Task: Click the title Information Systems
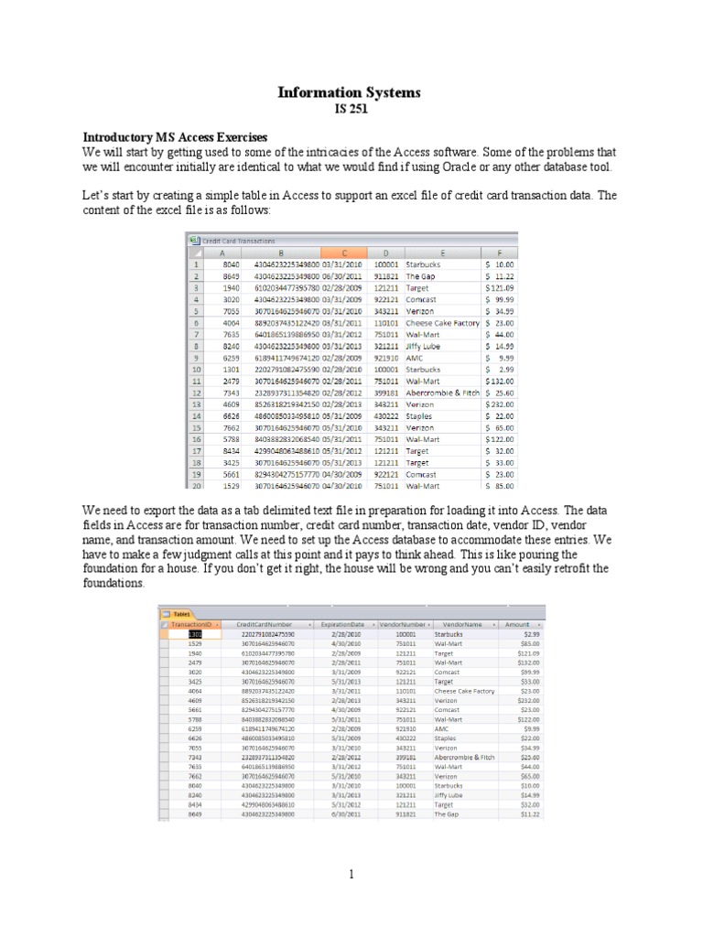(351, 93)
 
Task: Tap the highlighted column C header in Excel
(345, 253)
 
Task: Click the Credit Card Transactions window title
(238, 240)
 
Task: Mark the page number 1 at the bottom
(351, 874)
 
